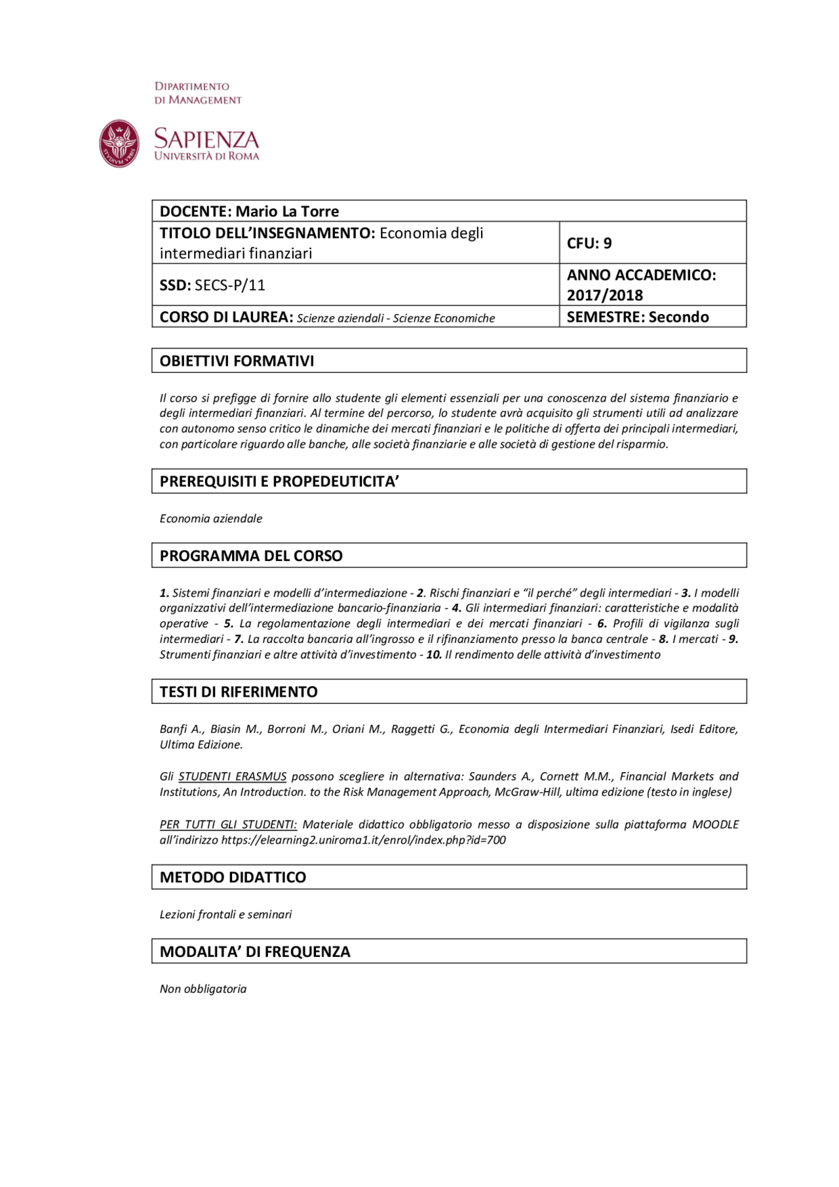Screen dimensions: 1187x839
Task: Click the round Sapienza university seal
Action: coord(119,144)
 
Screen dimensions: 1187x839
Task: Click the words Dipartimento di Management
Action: coord(197,93)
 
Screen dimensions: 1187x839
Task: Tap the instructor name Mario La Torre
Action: coord(287,211)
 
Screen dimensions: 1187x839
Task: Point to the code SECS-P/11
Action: coord(229,285)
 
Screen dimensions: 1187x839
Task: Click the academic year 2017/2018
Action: coord(604,295)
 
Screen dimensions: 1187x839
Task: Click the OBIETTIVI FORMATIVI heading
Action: coord(237,360)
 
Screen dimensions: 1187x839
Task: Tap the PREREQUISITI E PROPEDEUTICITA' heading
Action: coord(279,481)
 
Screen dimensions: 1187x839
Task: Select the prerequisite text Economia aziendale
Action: coord(210,518)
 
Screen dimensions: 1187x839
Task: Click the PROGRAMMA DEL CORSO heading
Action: coord(251,555)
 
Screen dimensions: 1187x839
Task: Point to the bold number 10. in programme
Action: coord(434,655)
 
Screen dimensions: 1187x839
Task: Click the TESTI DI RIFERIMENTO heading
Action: coord(239,691)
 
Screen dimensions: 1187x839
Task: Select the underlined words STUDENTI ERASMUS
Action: coord(232,777)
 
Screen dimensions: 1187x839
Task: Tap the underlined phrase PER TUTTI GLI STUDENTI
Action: coord(227,825)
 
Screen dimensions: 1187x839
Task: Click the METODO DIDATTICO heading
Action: coord(233,877)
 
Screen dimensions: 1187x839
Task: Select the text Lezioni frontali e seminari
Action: coord(225,914)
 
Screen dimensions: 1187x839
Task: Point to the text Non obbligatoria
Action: coord(203,989)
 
